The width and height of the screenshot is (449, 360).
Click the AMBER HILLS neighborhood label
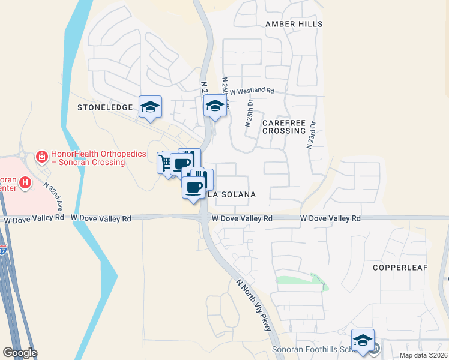(x=294, y=24)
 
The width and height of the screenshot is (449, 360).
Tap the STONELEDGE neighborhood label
(x=104, y=107)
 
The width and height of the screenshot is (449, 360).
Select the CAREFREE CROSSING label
(x=284, y=127)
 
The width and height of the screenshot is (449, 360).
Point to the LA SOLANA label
(x=232, y=194)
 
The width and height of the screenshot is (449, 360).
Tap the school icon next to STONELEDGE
(x=150, y=107)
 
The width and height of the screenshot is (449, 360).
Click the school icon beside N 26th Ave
(x=214, y=107)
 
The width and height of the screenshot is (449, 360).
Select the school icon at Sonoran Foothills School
(x=363, y=340)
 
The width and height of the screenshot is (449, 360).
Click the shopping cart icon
(x=166, y=162)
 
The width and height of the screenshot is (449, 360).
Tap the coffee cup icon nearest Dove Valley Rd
(x=194, y=187)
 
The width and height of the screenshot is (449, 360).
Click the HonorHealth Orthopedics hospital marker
(x=42, y=158)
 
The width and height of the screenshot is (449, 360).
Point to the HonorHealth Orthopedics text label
(x=98, y=158)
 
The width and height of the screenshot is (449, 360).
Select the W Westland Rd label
(x=252, y=91)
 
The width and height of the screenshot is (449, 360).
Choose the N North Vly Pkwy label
(x=254, y=305)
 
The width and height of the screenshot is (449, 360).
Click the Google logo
(x=20, y=353)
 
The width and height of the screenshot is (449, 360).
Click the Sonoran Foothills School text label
(x=307, y=350)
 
